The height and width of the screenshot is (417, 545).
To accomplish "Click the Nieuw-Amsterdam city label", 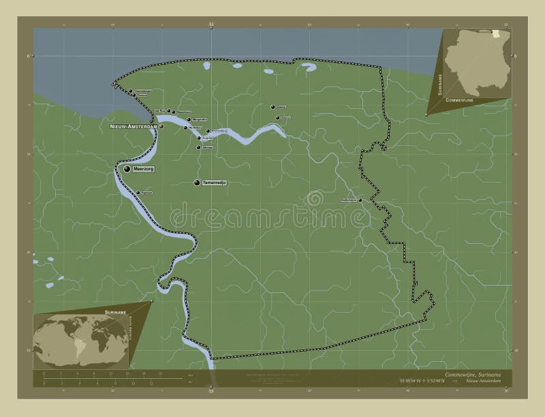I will point(133,127).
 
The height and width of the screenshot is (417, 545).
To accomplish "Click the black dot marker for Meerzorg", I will point(127,169).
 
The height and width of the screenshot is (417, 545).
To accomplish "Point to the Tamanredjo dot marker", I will point(198,183).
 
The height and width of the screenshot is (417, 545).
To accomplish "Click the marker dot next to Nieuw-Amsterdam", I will point(161,127).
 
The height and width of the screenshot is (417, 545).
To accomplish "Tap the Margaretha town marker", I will point(188,119).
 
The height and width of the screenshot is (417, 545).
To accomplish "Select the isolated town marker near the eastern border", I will point(360,200).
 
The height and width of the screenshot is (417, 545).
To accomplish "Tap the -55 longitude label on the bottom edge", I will point(211,392).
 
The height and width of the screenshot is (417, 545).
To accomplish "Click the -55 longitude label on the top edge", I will point(211,23).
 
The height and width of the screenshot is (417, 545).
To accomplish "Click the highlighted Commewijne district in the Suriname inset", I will point(499,32).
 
